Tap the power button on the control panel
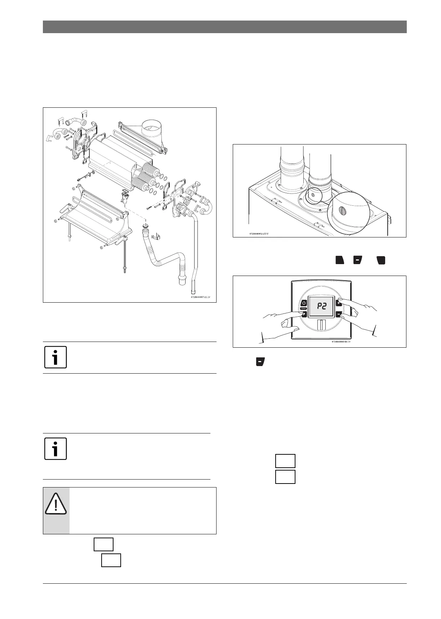(x=304, y=303)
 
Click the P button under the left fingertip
(x=304, y=314)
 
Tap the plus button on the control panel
(x=339, y=303)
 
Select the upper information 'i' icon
(x=55, y=357)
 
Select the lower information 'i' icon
(x=55, y=449)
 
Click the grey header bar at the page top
(x=224, y=27)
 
